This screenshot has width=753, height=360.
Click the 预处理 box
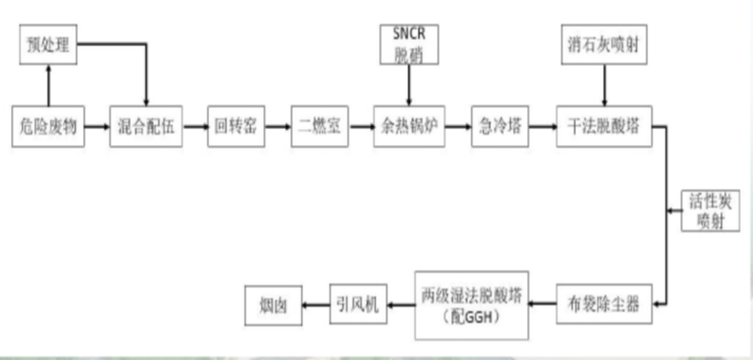click(47, 45)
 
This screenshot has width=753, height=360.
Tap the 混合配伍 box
click(146, 127)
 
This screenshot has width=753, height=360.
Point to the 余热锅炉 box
click(409, 127)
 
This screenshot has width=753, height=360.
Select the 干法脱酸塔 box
click(604, 127)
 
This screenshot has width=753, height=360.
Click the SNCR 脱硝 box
click(409, 45)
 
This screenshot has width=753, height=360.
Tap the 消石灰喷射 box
click(604, 45)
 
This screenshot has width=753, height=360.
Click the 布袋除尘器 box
click(604, 303)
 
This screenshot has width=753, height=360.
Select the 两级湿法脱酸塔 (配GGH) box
click(471, 302)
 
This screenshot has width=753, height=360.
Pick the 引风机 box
click(358, 303)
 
